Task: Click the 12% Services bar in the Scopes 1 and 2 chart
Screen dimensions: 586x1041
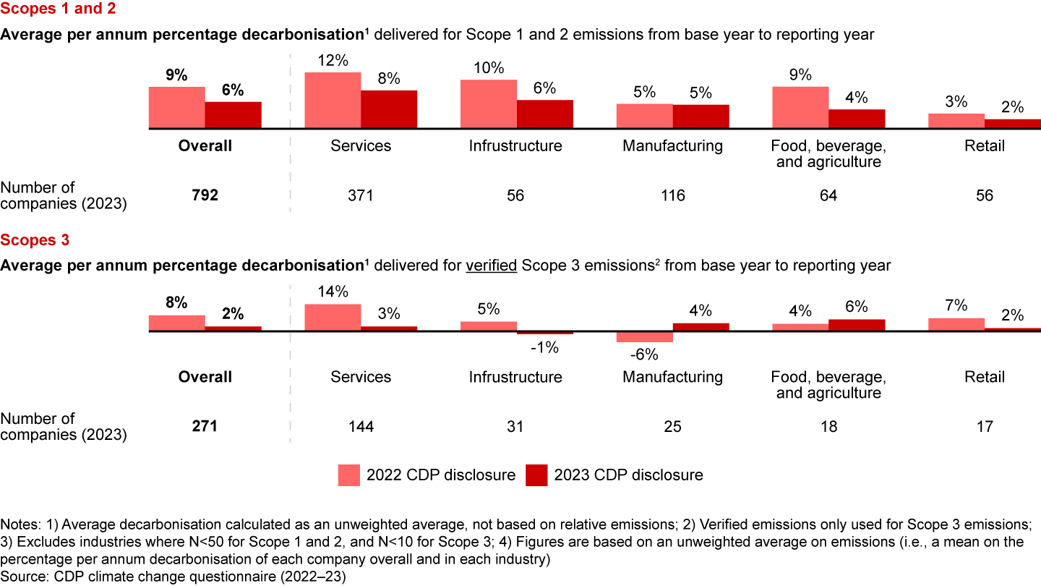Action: (333, 101)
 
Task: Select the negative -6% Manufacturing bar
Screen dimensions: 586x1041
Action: (644, 337)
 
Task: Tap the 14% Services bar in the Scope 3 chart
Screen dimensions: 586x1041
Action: (333, 318)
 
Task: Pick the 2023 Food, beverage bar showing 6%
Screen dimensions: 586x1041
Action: (857, 326)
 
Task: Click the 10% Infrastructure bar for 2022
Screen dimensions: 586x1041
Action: (489, 104)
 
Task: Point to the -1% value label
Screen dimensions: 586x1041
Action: (544, 347)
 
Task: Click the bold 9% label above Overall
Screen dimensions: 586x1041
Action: (177, 75)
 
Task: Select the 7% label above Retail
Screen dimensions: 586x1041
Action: (956, 305)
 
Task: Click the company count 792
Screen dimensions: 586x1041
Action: (205, 195)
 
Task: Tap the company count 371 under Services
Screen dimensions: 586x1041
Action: (361, 195)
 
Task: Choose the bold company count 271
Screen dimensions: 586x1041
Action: (205, 427)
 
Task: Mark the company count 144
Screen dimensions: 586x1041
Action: (361, 427)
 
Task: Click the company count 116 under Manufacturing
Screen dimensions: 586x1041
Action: (672, 195)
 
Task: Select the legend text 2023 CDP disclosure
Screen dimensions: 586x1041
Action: (628, 475)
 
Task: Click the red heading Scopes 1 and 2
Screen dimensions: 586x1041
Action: (58, 9)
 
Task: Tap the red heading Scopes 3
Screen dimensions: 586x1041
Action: (35, 241)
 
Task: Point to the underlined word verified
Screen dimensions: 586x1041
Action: (492, 266)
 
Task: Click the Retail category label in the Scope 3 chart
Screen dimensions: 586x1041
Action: (984, 377)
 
